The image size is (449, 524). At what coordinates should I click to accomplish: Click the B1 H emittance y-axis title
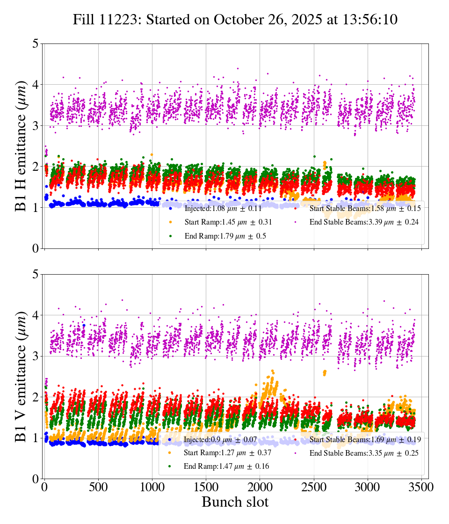21,146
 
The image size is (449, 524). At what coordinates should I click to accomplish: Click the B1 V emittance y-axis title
21,376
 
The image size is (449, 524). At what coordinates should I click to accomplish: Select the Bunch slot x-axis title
235,502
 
